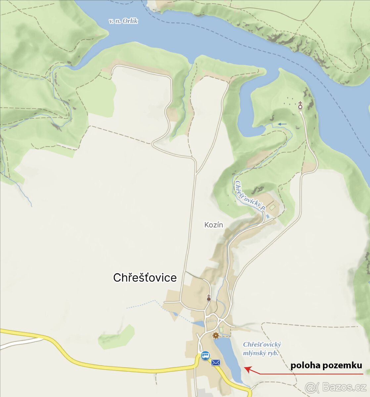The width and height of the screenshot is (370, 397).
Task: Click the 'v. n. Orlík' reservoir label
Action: (x=123, y=21)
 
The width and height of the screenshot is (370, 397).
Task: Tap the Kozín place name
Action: (x=213, y=225)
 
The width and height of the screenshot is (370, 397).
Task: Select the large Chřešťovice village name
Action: (x=145, y=278)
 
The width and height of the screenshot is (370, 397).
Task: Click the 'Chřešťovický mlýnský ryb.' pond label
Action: (x=262, y=349)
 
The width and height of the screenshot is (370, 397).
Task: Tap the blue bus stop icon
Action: (x=205, y=356)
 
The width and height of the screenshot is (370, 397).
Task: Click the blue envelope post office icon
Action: (x=216, y=363)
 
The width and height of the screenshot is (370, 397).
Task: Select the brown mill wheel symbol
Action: (x=216, y=336)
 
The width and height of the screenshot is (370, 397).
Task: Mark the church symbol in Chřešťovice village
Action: (x=209, y=298)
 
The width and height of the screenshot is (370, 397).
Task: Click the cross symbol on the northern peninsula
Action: (x=300, y=106)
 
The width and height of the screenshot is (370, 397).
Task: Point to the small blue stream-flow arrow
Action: (x=282, y=124)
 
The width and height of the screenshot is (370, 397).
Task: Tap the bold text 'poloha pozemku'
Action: (x=326, y=366)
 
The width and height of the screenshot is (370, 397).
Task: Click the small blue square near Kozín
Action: (x=267, y=216)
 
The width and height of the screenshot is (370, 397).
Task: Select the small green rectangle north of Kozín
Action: (x=272, y=207)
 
